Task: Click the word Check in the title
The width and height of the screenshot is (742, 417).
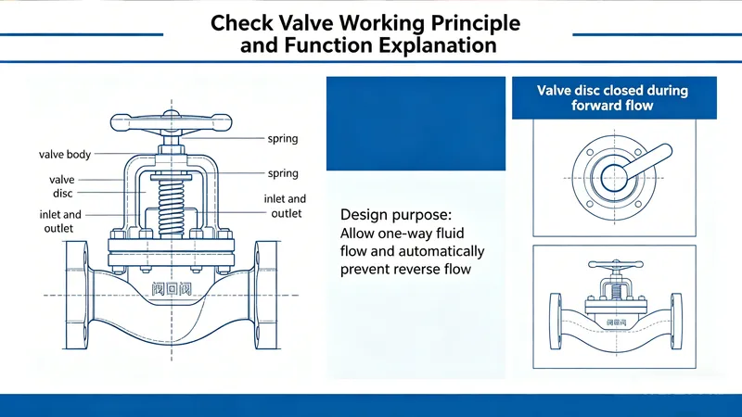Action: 243,22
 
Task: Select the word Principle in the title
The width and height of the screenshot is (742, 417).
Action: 473,22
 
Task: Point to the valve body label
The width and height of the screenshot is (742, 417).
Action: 65,154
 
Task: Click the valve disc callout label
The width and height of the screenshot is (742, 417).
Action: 61,185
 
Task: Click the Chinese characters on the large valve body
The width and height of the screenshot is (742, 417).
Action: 171,288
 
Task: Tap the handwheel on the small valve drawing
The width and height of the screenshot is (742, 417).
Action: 612,269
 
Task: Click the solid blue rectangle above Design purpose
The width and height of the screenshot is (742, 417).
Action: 416,124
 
